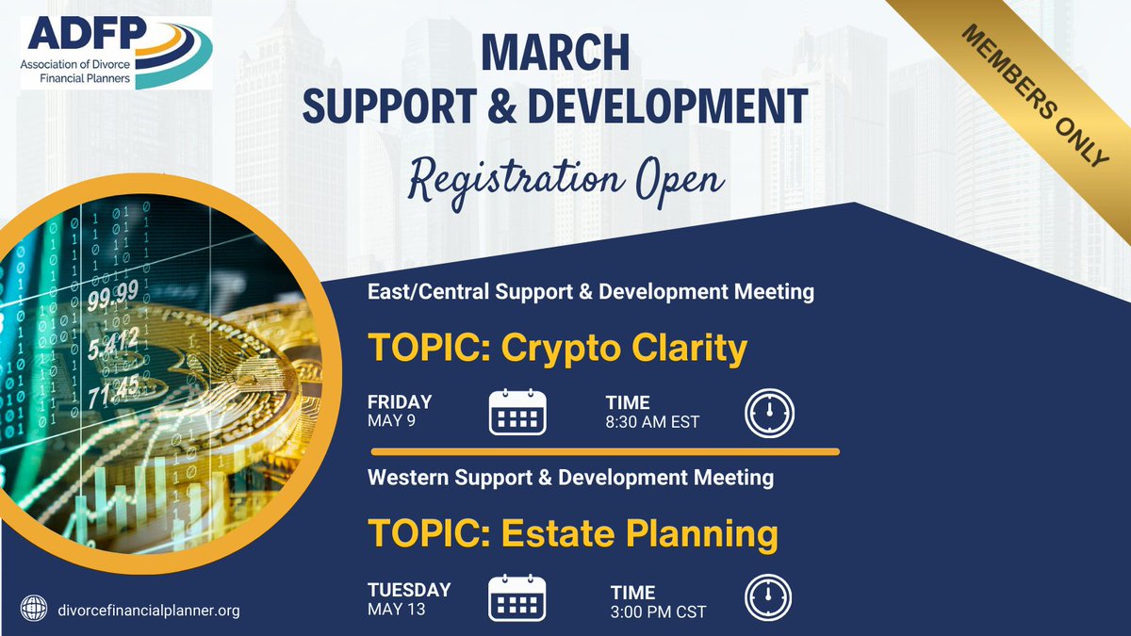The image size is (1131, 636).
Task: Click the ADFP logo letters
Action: click(87, 34)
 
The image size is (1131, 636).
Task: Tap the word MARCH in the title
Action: click(555, 53)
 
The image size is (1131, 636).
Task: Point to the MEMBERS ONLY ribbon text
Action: click(1035, 96)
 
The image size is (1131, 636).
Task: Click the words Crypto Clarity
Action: click(624, 350)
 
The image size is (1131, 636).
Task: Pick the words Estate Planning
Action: click(639, 534)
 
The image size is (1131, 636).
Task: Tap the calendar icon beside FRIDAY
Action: click(517, 412)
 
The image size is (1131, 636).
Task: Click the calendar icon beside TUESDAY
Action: click(517, 597)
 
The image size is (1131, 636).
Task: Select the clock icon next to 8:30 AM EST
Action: click(769, 413)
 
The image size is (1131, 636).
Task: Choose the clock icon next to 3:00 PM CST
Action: click(768, 597)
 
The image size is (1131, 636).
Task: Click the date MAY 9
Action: click(391, 421)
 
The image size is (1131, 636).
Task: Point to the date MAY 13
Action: click(397, 610)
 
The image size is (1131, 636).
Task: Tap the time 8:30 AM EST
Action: click(652, 422)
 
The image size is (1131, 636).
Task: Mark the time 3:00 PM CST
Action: click(658, 612)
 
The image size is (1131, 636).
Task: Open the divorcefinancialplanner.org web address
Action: click(149, 611)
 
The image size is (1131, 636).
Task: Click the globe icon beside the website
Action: click(34, 609)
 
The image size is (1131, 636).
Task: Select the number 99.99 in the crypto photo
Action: click(112, 295)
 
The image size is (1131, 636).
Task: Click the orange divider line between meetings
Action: click(605, 451)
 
